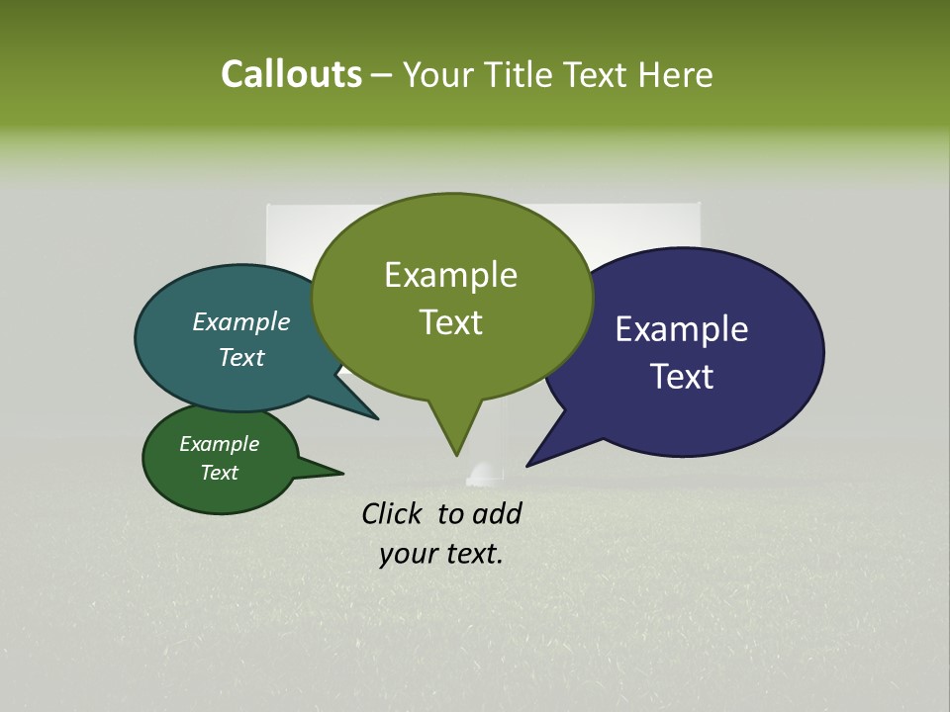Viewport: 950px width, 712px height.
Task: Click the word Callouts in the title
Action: click(x=291, y=74)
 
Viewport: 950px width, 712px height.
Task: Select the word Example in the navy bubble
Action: click(x=682, y=329)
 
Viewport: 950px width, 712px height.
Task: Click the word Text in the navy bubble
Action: click(x=682, y=377)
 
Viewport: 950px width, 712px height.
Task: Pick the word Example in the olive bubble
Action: click(x=450, y=275)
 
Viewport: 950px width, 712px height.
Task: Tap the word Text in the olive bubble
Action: click(x=450, y=322)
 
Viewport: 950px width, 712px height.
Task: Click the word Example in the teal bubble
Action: click(x=240, y=321)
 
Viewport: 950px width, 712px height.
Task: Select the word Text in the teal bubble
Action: click(x=240, y=357)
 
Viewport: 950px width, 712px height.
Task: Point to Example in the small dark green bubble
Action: click(x=219, y=444)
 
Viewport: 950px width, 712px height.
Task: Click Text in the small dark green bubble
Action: click(x=219, y=473)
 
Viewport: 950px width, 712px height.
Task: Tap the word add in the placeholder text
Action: click(x=497, y=513)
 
